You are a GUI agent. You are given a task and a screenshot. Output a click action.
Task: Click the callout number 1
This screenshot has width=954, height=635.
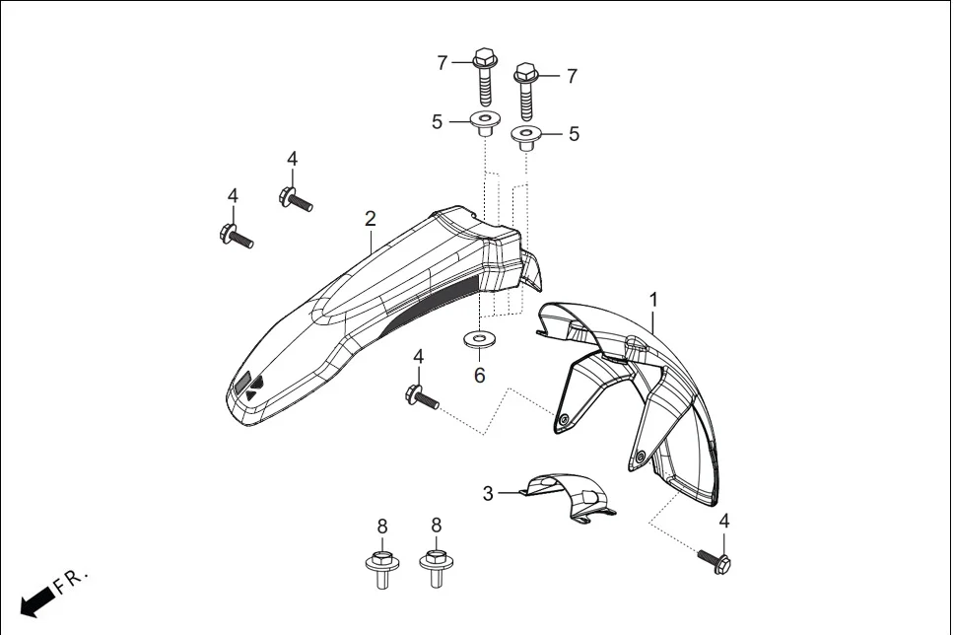point(652,298)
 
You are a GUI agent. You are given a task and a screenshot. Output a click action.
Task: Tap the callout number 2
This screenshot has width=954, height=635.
point(370,218)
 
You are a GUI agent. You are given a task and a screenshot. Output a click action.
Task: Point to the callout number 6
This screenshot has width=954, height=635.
point(480,375)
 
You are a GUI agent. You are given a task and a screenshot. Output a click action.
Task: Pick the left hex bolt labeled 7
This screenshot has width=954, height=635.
point(484,77)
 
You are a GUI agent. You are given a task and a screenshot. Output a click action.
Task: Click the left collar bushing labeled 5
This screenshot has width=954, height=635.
point(484,125)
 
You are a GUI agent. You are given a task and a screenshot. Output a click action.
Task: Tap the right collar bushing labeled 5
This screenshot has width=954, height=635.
point(525,137)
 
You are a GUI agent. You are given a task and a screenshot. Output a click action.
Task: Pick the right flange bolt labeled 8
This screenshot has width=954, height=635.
point(435,567)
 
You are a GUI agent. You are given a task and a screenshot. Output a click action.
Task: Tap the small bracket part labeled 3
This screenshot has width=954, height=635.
point(569,495)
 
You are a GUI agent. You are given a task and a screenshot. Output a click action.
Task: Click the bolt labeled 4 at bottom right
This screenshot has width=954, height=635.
point(715,561)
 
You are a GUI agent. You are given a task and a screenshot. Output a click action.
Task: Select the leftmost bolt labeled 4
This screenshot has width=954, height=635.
point(235,237)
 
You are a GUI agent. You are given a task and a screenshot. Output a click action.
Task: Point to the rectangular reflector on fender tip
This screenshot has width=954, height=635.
point(241,385)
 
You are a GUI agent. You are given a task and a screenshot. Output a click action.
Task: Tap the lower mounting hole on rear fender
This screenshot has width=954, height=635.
point(641,457)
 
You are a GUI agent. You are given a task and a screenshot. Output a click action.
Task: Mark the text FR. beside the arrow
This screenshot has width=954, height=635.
point(72,581)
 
